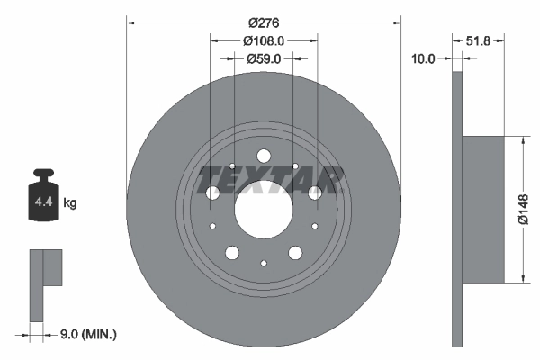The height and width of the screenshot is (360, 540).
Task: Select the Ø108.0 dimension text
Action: (x=264, y=40)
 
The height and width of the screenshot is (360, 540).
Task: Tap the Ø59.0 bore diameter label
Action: (x=264, y=58)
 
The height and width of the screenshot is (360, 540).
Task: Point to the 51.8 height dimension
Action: (x=484, y=40)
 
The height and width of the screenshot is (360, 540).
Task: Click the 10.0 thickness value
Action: (x=423, y=58)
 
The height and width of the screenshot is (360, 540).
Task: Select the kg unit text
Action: (x=70, y=203)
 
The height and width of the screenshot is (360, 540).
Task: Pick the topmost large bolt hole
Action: (x=263, y=155)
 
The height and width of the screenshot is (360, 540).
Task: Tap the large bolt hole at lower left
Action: (x=232, y=253)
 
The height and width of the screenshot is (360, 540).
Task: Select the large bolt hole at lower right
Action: (x=294, y=253)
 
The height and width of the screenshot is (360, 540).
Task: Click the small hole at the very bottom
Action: (x=263, y=263)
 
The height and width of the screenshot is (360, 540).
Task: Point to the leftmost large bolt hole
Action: (x=212, y=193)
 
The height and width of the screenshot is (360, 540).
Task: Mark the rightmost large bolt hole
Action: (x=314, y=193)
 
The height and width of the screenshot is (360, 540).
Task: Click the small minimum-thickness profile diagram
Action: (x=45, y=283)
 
